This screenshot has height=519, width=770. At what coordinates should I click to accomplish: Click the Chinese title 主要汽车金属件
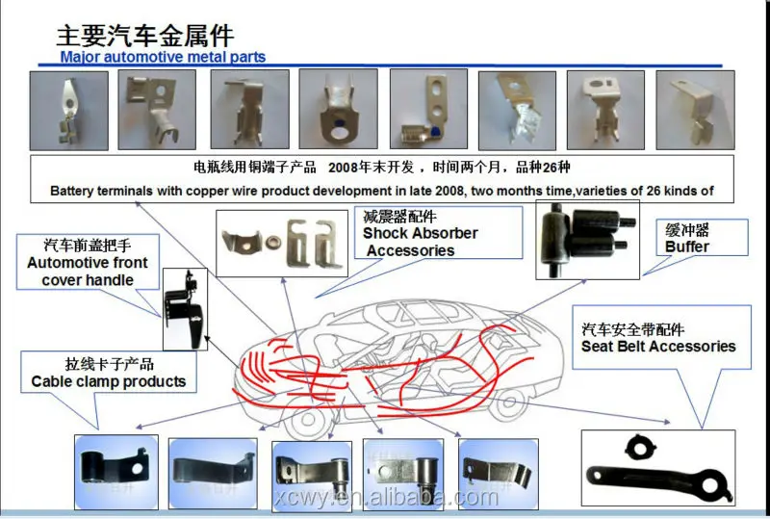click(144, 36)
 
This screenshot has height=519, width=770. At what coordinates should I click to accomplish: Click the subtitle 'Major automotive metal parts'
click(163, 57)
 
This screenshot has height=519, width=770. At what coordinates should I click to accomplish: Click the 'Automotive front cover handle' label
click(88, 263)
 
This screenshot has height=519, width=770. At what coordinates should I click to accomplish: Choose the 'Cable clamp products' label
click(108, 374)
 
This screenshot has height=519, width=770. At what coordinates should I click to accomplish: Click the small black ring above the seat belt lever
click(639, 445)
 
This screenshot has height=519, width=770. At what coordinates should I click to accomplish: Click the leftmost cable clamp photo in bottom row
click(116, 471)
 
